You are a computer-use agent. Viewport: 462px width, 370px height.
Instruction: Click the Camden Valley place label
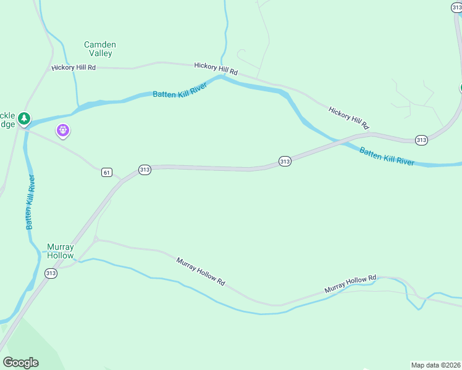pyautogui.click(x=99, y=49)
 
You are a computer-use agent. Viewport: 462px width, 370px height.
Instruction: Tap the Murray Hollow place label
pyautogui.click(x=61, y=251)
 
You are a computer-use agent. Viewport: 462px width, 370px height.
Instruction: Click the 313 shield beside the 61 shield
pyautogui.click(x=145, y=170)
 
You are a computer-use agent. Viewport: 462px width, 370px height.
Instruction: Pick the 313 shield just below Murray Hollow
pyautogui.click(x=51, y=273)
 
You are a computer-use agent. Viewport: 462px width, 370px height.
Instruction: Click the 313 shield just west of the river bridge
pyautogui.click(x=284, y=161)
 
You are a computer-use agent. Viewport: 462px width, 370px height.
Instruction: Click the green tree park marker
pyautogui.click(x=24, y=118)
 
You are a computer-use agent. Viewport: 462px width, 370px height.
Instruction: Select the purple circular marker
pyautogui.click(x=62, y=130)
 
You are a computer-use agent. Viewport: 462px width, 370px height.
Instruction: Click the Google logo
pyautogui.click(x=20, y=363)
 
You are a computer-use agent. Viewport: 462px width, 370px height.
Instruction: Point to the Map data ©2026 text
pyautogui.click(x=435, y=365)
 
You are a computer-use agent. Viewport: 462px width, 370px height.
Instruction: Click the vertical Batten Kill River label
pyautogui.click(x=30, y=202)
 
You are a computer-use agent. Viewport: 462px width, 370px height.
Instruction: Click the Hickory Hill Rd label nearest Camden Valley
pyautogui.click(x=74, y=67)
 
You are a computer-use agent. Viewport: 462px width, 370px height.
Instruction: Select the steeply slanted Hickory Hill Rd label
pyautogui.click(x=349, y=118)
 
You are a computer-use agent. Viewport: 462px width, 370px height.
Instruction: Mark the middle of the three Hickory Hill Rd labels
pyautogui.click(x=216, y=68)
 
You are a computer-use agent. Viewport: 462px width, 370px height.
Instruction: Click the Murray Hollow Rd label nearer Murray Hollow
pyautogui.click(x=200, y=271)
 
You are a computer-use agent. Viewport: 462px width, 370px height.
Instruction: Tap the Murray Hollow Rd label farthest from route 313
pyautogui.click(x=350, y=284)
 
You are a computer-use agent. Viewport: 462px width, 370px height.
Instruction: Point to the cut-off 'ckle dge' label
pyautogui.click(x=7, y=120)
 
